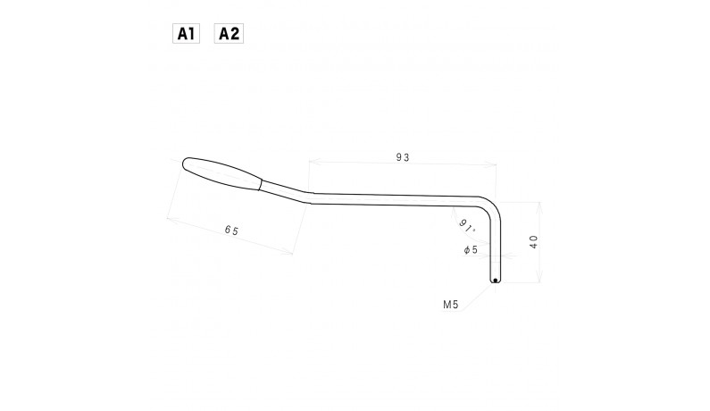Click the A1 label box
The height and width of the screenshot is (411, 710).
186,34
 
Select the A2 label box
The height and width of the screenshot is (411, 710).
229,34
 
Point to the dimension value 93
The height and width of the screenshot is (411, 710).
402,157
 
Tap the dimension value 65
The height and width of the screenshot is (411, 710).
231,231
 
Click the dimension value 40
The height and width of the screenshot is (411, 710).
533,242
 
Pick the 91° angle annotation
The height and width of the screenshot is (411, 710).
465,223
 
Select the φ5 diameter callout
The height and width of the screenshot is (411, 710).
471,250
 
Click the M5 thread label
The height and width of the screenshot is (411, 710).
450,305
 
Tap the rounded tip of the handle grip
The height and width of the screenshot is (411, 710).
184,164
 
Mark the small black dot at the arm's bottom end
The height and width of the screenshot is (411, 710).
495,280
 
